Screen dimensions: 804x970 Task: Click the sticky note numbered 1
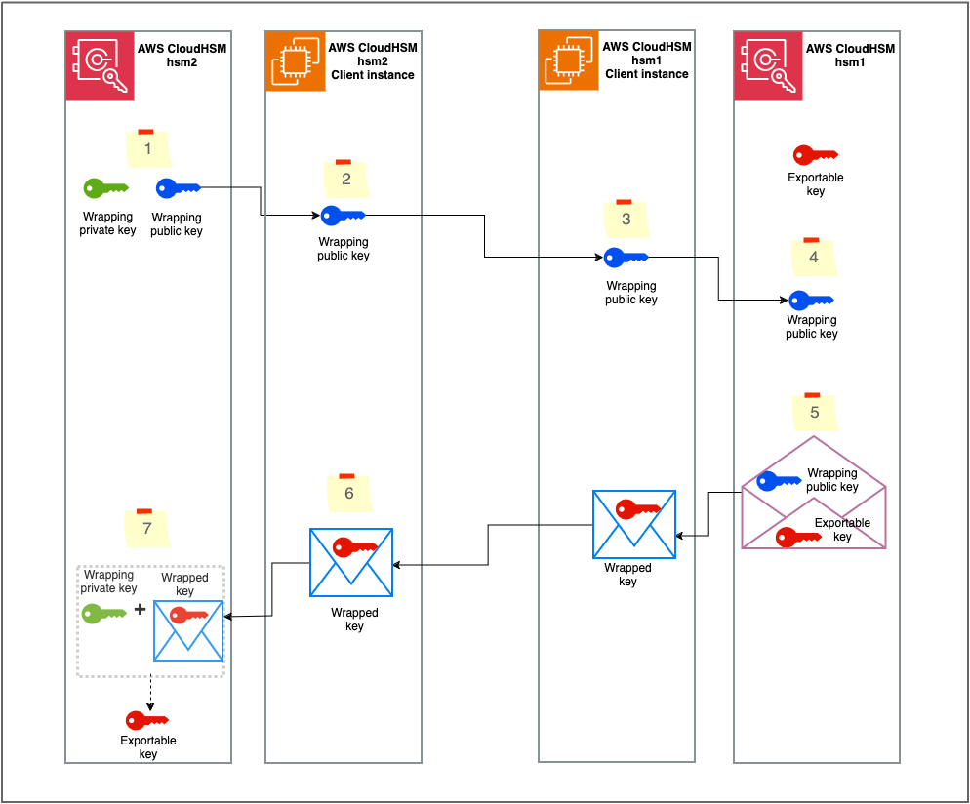[x=148, y=148]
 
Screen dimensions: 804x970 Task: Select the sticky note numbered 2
[x=345, y=179]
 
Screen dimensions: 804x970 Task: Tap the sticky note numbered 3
[x=626, y=219]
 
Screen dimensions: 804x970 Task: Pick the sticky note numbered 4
[x=814, y=258]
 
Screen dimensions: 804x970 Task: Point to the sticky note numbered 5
[x=815, y=412]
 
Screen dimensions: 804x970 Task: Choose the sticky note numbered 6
[x=348, y=494]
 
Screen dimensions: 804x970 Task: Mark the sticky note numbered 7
[x=147, y=528]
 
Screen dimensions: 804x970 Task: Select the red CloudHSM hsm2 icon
[x=100, y=64]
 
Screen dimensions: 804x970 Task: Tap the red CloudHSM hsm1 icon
[x=767, y=64]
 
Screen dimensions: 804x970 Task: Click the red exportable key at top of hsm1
[x=816, y=155]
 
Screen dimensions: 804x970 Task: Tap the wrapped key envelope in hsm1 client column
[x=634, y=524]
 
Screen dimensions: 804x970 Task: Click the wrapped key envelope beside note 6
[x=351, y=562]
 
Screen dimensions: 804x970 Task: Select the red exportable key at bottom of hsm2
[x=147, y=720]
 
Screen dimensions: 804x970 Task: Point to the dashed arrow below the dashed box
[x=150, y=693]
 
